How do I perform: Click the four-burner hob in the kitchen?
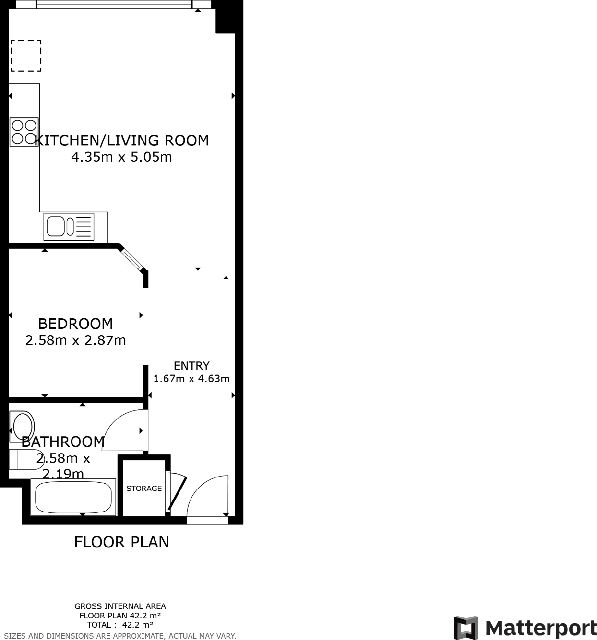[x=24, y=132]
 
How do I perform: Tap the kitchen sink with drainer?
[x=69, y=226]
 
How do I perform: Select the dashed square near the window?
[x=26, y=56]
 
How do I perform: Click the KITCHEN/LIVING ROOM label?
[x=122, y=140]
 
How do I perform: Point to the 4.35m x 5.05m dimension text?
[x=121, y=157]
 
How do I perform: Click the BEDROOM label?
[x=75, y=324]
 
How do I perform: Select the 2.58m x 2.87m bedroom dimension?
[x=75, y=340]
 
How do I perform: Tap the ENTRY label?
[x=191, y=366]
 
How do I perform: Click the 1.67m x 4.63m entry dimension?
[x=191, y=379]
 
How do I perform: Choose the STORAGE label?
[x=144, y=489]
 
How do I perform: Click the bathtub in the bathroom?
[x=73, y=497]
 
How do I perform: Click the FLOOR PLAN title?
[x=121, y=542]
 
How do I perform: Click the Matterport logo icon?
[x=466, y=628]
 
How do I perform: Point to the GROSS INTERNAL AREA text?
[x=120, y=606]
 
